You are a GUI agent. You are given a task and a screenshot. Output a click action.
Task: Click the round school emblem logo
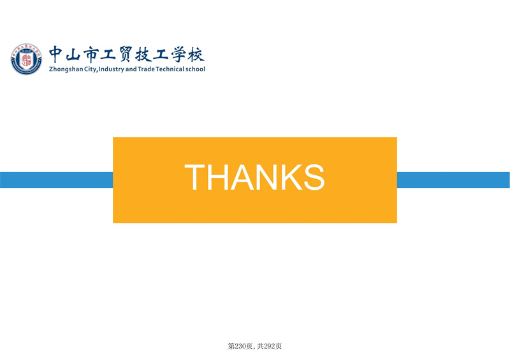(x=26, y=59)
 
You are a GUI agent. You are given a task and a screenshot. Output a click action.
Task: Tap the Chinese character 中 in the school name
(x=55, y=54)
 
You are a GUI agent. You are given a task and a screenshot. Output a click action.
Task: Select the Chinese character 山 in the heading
(x=73, y=54)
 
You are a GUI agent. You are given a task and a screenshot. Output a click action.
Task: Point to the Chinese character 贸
(x=125, y=54)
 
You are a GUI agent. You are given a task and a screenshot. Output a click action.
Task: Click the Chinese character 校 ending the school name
(x=196, y=54)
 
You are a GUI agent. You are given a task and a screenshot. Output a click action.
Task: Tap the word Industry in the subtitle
(x=111, y=69)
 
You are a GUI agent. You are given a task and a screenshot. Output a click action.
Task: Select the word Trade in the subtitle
(x=146, y=69)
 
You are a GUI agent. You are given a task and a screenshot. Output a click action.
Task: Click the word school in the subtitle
(x=195, y=69)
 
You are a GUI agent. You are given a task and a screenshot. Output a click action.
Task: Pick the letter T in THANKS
(x=194, y=177)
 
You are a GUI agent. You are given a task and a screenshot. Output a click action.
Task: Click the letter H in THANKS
(x=218, y=177)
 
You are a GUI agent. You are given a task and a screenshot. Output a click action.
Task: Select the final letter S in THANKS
(x=314, y=177)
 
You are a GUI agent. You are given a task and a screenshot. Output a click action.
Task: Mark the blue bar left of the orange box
(x=56, y=180)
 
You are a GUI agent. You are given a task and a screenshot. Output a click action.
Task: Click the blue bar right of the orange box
(x=453, y=180)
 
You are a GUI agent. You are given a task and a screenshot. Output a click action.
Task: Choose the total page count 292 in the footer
(x=269, y=347)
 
